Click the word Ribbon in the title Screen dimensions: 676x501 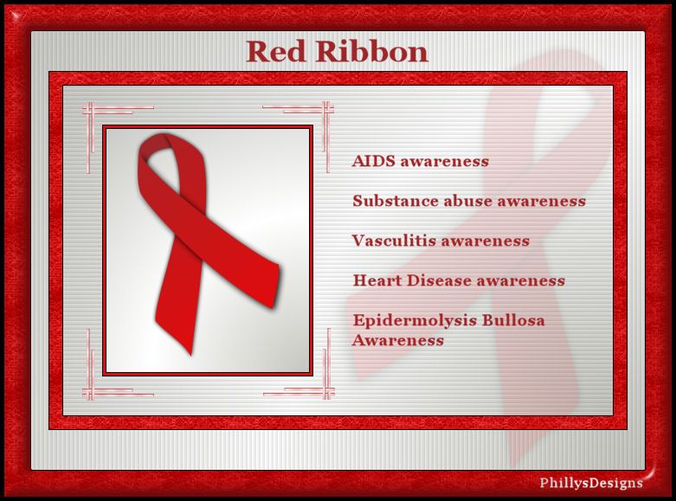(371, 51)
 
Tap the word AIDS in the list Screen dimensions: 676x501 (373, 161)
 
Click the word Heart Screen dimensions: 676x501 (377, 280)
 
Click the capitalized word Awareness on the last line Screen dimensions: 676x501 (398, 340)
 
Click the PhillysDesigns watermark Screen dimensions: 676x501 (590, 483)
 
